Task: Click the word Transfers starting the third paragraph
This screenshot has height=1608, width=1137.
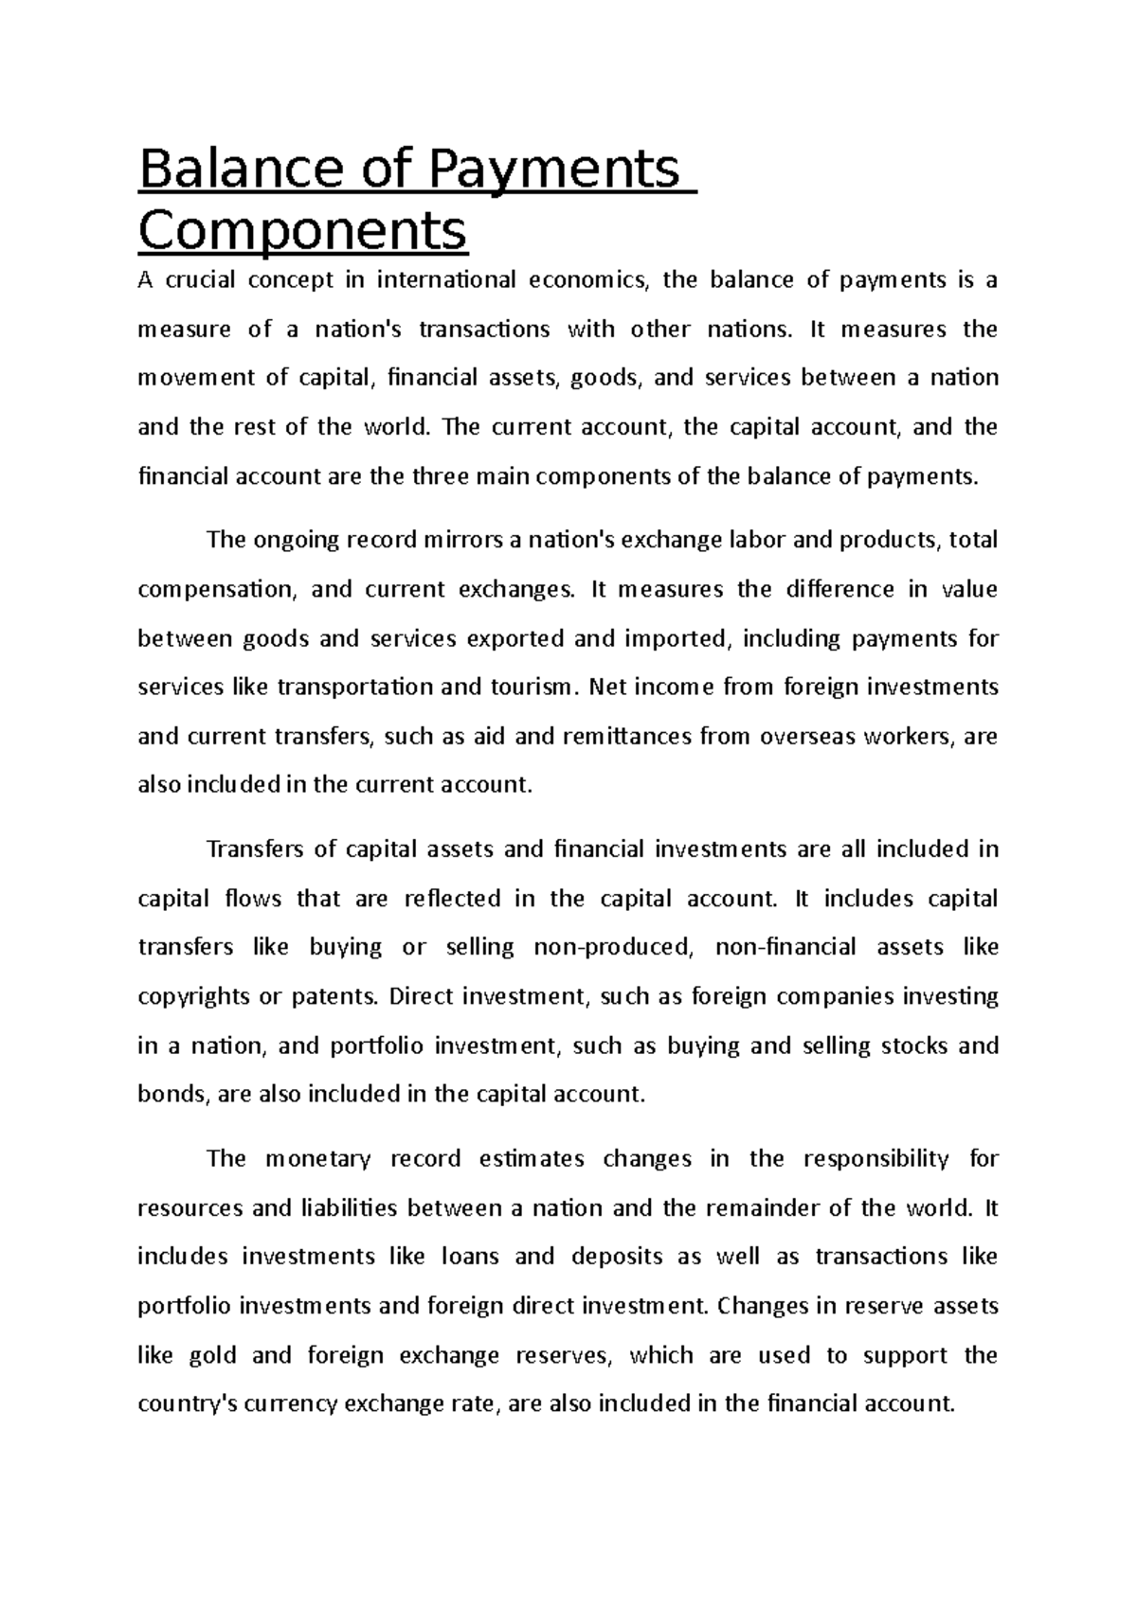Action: [252, 849]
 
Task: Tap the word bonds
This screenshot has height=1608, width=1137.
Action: [171, 1095]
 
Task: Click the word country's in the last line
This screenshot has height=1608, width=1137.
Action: [187, 1404]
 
